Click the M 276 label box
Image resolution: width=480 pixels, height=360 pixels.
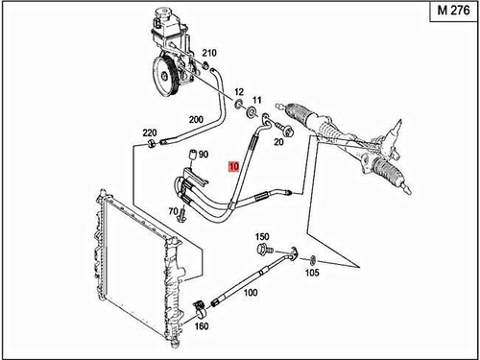[x=453, y=11]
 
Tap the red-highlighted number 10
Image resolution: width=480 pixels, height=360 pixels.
[x=233, y=166]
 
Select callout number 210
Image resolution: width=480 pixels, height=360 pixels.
[x=209, y=53]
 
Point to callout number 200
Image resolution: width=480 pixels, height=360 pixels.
[x=196, y=120]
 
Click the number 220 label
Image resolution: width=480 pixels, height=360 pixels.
[x=150, y=132]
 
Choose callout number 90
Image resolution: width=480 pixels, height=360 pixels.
[x=204, y=155]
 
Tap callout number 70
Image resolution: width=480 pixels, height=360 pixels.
[x=173, y=211]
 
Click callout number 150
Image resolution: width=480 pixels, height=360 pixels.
[x=262, y=237]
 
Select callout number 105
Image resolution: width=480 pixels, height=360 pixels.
[x=312, y=273]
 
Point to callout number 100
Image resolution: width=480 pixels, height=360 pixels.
[x=251, y=293]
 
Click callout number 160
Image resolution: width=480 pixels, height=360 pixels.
[x=202, y=326]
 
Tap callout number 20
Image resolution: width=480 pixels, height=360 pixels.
[x=278, y=141]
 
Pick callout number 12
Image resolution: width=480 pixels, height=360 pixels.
[x=239, y=92]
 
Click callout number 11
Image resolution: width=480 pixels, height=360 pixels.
[x=257, y=100]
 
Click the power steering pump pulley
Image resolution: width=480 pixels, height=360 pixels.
[x=165, y=76]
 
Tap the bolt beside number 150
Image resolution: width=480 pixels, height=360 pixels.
[x=265, y=249]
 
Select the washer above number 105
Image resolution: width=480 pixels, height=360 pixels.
[x=312, y=260]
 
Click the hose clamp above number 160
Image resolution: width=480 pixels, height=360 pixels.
[x=200, y=308]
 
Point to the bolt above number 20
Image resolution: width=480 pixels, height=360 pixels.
[x=284, y=128]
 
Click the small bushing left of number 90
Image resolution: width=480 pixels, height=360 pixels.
[x=193, y=155]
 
